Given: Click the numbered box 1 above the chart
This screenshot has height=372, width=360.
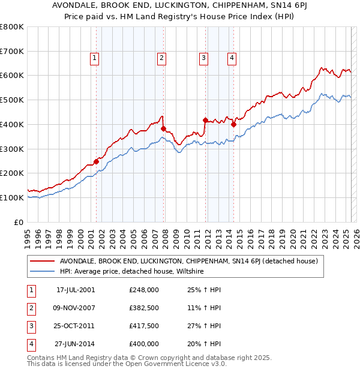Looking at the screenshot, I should tap(95, 58).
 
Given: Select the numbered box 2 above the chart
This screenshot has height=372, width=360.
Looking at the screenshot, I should tap(162, 58).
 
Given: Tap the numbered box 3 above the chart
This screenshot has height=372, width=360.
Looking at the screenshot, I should tap(204, 58).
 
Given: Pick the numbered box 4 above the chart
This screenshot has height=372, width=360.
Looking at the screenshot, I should tap(232, 58).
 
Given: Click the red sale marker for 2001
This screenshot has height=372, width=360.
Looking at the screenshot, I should tap(96, 161).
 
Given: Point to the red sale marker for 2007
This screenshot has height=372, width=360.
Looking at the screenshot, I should tap(163, 128).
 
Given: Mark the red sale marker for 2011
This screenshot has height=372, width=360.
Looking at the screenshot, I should tap(205, 120).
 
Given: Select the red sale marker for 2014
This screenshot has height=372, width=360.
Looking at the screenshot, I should tap(233, 124).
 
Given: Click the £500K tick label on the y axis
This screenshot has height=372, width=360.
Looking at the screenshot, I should tap(12, 100).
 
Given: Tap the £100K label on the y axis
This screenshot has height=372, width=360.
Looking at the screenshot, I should tap(12, 197).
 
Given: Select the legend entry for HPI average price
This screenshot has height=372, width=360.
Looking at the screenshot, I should tap(132, 272).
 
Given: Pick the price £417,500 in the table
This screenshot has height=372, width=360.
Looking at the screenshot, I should tap(144, 326).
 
